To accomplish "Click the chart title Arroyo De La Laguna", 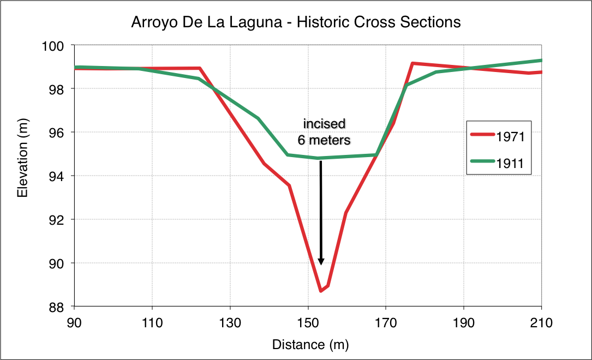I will (296, 22).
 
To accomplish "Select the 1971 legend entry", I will (510, 137).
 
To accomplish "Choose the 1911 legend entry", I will (510, 162).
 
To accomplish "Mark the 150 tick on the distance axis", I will (308, 322).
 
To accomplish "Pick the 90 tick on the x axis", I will (74, 322).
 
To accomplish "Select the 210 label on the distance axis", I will (541, 322).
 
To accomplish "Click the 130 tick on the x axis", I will (230, 322).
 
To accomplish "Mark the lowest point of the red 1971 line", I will (320, 291).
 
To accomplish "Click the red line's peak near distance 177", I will (412, 63).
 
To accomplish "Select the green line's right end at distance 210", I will (541, 60).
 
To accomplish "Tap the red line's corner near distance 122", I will (200, 68).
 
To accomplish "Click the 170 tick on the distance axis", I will (386, 322).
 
